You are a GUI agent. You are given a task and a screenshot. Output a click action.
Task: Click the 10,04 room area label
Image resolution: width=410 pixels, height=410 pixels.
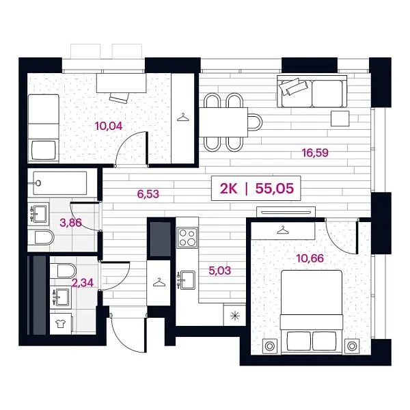(x=109, y=126)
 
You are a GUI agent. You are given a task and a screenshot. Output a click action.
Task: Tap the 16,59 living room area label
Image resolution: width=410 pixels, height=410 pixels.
(x=315, y=152)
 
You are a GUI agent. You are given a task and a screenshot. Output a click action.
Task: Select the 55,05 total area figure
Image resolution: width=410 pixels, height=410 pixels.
(x=275, y=189)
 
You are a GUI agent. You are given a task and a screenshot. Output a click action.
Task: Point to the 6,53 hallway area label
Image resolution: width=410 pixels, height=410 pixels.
(x=148, y=194)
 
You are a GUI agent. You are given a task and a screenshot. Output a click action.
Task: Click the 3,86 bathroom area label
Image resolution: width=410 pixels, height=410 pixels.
(x=70, y=223)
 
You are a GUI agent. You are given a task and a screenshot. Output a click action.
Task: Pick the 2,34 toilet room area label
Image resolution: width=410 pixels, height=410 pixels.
(x=83, y=283)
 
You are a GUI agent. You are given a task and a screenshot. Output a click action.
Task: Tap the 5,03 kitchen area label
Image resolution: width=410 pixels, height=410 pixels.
(x=220, y=271)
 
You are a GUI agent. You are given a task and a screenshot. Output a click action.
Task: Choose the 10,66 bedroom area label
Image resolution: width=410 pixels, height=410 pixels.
(x=310, y=258)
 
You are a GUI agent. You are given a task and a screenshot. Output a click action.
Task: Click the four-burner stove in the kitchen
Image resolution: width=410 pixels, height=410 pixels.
(x=187, y=238)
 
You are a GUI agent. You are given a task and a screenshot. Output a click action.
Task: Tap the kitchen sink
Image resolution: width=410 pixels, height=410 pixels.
(x=186, y=280)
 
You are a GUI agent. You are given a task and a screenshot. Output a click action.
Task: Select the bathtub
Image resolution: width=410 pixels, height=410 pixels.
(x=60, y=183)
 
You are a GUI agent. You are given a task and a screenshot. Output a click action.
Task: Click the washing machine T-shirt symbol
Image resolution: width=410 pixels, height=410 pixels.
(x=61, y=324)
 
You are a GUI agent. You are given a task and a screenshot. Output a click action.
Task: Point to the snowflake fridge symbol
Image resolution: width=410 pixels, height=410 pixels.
(x=235, y=316)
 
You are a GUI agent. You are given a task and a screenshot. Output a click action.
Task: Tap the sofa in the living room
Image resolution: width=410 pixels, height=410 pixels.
(x=312, y=92)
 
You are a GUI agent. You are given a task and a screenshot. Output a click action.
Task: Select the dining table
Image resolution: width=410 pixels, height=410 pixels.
(x=223, y=122)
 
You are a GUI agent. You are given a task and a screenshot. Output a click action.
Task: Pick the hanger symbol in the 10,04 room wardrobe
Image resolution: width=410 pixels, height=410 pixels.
(x=183, y=118)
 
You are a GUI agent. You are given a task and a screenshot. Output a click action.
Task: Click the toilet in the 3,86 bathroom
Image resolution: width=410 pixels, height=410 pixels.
(x=41, y=238)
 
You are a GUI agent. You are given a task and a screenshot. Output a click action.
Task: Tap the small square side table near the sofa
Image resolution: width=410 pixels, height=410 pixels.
(x=340, y=118)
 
